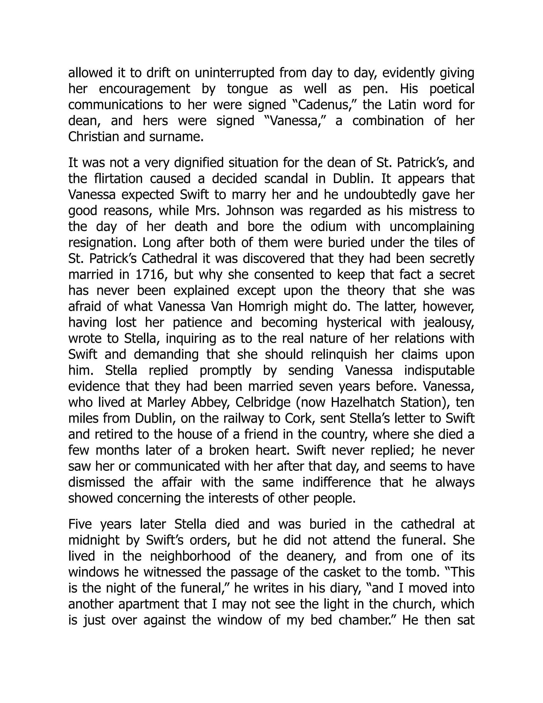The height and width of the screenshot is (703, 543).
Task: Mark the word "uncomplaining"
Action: [x=432, y=227]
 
